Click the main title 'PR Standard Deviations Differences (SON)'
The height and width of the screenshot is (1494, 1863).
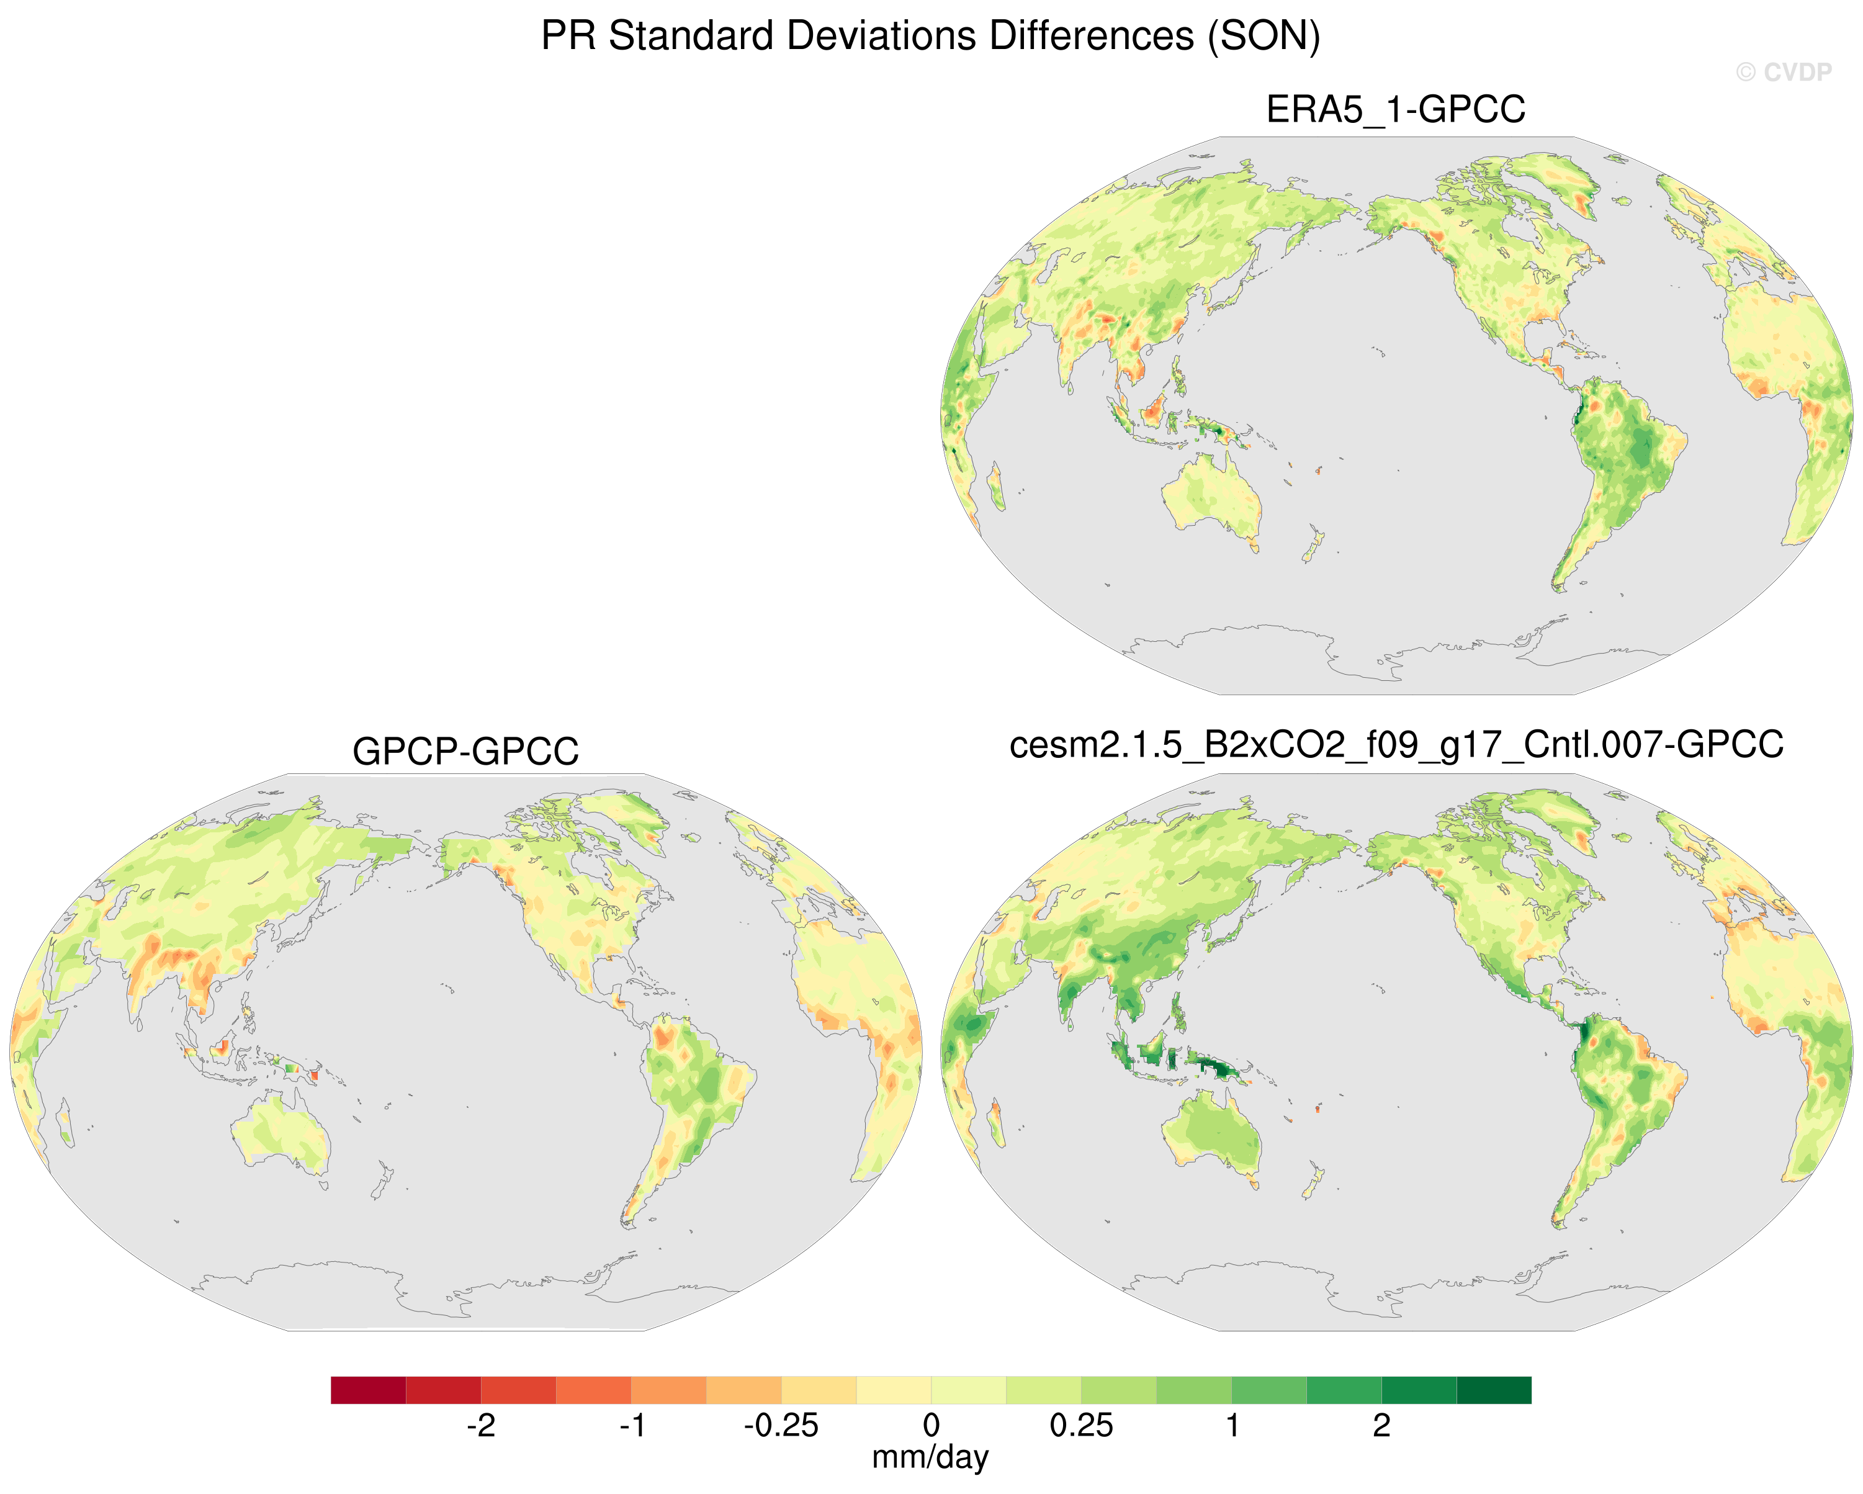coord(931,36)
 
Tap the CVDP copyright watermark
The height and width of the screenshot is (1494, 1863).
coord(1784,73)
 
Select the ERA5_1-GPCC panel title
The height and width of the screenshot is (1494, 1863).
coord(1396,110)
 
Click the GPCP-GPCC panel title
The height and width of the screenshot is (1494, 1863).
coord(465,751)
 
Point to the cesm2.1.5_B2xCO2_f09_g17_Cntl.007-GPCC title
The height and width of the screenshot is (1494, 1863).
coord(1396,745)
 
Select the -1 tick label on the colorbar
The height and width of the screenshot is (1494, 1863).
coord(632,1425)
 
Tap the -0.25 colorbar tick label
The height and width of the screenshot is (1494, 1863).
coord(781,1425)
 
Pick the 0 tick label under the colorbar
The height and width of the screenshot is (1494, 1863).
coord(931,1425)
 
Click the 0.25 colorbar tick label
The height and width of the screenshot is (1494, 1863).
coord(1081,1425)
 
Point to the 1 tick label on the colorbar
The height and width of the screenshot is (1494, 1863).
coord(1232,1425)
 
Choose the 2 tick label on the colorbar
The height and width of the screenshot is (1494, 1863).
coord(1381,1425)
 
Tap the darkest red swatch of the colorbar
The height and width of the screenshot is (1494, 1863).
coord(368,1390)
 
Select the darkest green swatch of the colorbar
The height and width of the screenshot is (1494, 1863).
coord(1494,1390)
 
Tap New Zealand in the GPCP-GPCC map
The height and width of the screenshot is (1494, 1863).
coord(382,1179)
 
